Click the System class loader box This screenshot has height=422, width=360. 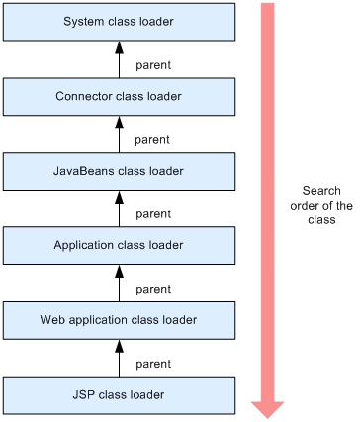[x=119, y=22]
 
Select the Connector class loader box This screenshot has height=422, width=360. [x=119, y=96]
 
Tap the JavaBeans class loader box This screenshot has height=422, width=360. [x=119, y=171]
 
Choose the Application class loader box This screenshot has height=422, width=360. [x=119, y=245]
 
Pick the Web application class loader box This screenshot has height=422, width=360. [x=119, y=320]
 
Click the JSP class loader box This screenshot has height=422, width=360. [x=119, y=394]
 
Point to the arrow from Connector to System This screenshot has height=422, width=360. [x=119, y=59]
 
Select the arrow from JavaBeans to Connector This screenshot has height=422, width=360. [x=119, y=133]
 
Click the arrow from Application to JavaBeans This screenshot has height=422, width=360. [x=119, y=209]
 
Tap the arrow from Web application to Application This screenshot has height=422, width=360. [x=119, y=283]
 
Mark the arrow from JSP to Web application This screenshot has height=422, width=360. [x=119, y=358]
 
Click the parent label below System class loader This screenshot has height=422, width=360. [x=152, y=65]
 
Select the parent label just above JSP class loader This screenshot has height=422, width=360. [x=152, y=364]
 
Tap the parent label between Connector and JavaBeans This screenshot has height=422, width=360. [x=152, y=139]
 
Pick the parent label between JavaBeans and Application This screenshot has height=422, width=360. [x=152, y=214]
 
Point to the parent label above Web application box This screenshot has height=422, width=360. [x=152, y=289]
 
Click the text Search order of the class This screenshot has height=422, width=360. [x=322, y=206]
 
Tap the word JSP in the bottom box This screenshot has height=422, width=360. [x=84, y=394]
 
